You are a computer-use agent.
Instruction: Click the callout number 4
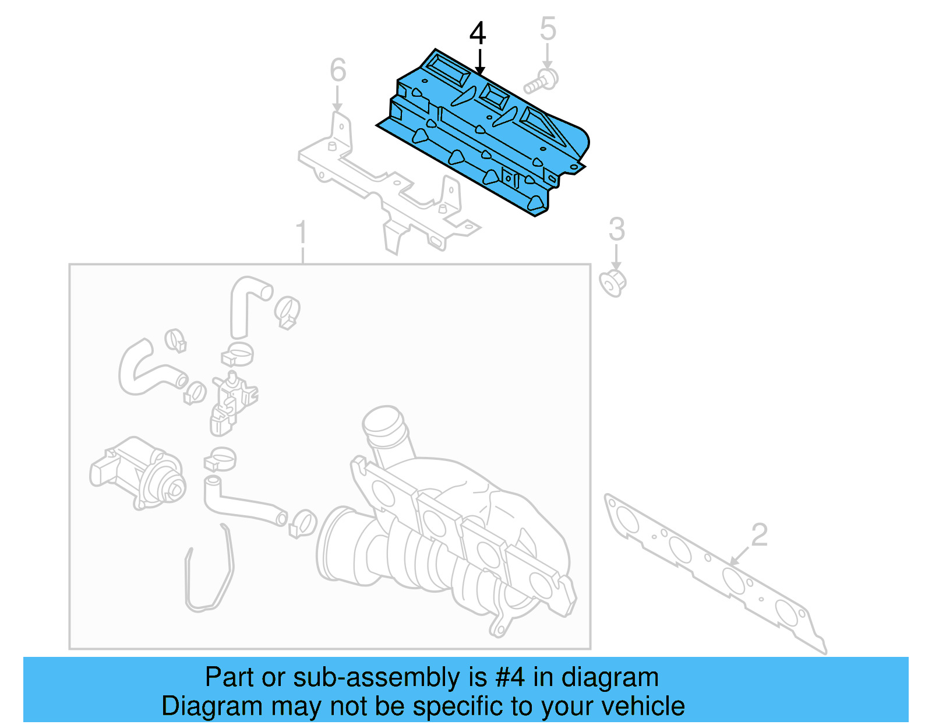(477, 33)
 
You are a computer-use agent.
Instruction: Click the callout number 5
(548, 29)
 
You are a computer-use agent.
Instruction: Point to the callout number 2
(759, 534)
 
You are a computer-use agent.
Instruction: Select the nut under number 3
(613, 284)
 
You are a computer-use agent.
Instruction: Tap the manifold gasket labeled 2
(711, 571)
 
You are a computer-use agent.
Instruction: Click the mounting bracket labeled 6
(384, 187)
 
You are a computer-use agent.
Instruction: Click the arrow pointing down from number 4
(479, 62)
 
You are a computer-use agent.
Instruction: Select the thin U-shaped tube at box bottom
(210, 577)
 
